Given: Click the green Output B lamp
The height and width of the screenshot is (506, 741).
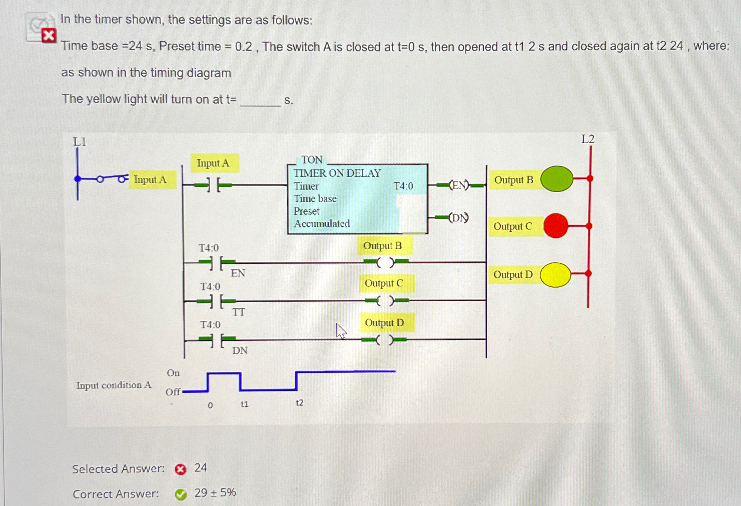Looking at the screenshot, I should tap(557, 179).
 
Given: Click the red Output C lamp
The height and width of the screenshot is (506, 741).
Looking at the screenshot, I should tap(556, 226).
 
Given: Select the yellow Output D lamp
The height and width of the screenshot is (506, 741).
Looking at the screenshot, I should tap(555, 275).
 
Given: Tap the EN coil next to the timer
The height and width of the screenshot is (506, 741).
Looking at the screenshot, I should tap(459, 185).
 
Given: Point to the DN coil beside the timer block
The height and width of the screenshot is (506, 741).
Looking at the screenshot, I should tap(459, 217).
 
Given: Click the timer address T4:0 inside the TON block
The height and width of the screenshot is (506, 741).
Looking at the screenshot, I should tap(403, 186).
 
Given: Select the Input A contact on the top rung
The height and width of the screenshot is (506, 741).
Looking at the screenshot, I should tap(214, 185).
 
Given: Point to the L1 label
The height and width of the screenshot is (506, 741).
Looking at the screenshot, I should tap(79, 142).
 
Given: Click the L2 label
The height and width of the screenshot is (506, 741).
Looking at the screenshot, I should tap(588, 139).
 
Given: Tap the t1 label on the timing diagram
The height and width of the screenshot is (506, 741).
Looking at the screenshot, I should tap(244, 404).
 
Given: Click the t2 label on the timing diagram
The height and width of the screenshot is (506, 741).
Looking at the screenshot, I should tap(299, 403).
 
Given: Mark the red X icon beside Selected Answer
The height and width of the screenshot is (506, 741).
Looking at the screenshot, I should tap(181, 469).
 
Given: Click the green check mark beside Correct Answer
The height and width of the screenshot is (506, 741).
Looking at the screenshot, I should tap(181, 494).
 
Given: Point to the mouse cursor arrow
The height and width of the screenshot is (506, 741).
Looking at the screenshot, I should tap(341, 330).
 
